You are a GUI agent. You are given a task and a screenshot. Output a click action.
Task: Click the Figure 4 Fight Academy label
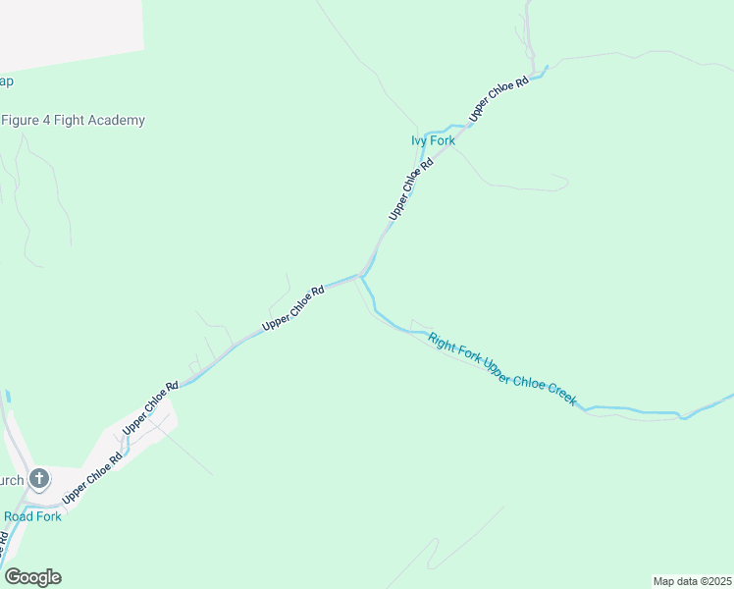pos(74,121)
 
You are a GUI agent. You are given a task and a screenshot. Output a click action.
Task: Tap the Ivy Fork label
pos(433,141)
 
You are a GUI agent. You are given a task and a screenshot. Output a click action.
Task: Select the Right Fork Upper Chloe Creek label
pos(501,370)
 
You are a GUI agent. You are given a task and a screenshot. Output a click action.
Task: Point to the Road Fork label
pos(32,516)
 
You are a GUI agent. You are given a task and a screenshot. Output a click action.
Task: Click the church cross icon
pos(39,479)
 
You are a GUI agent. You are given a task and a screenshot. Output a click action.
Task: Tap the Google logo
pos(32,577)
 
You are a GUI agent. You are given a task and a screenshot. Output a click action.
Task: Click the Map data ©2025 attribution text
pos(692,581)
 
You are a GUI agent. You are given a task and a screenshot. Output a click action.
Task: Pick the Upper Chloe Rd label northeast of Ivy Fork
pos(499,98)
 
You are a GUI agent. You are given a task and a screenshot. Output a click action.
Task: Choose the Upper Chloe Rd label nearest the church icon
pos(102,471)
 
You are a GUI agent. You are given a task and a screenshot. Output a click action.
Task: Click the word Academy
pos(116,121)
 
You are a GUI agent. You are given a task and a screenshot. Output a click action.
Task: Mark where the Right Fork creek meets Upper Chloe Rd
pos(361,277)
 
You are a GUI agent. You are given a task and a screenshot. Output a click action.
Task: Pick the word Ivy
pos(419,141)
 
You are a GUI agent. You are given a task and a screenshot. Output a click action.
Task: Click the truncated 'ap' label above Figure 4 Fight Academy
pos(6,81)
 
